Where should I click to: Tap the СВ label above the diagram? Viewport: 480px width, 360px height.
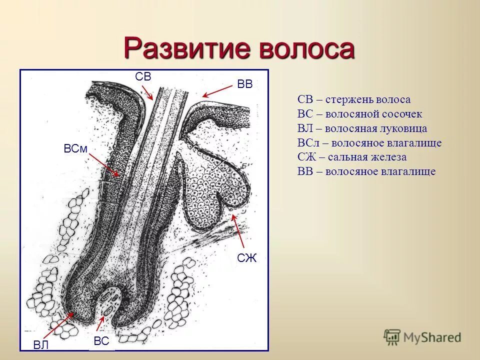143,76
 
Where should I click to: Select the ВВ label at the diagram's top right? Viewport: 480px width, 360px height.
244,84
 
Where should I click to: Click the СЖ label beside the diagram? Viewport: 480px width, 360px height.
246,258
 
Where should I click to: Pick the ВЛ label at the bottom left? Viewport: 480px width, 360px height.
41,344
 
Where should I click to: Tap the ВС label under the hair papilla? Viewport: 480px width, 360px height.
101,341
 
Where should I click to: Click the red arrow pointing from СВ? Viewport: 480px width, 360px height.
147,92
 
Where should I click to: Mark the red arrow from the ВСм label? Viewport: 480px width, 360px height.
104,165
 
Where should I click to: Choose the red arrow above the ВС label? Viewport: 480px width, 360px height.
104,321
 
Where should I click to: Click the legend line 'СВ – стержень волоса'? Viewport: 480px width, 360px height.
353,99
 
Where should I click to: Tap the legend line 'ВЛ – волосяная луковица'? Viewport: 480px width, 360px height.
362,128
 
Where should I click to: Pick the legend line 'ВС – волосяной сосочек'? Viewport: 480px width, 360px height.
359,114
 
